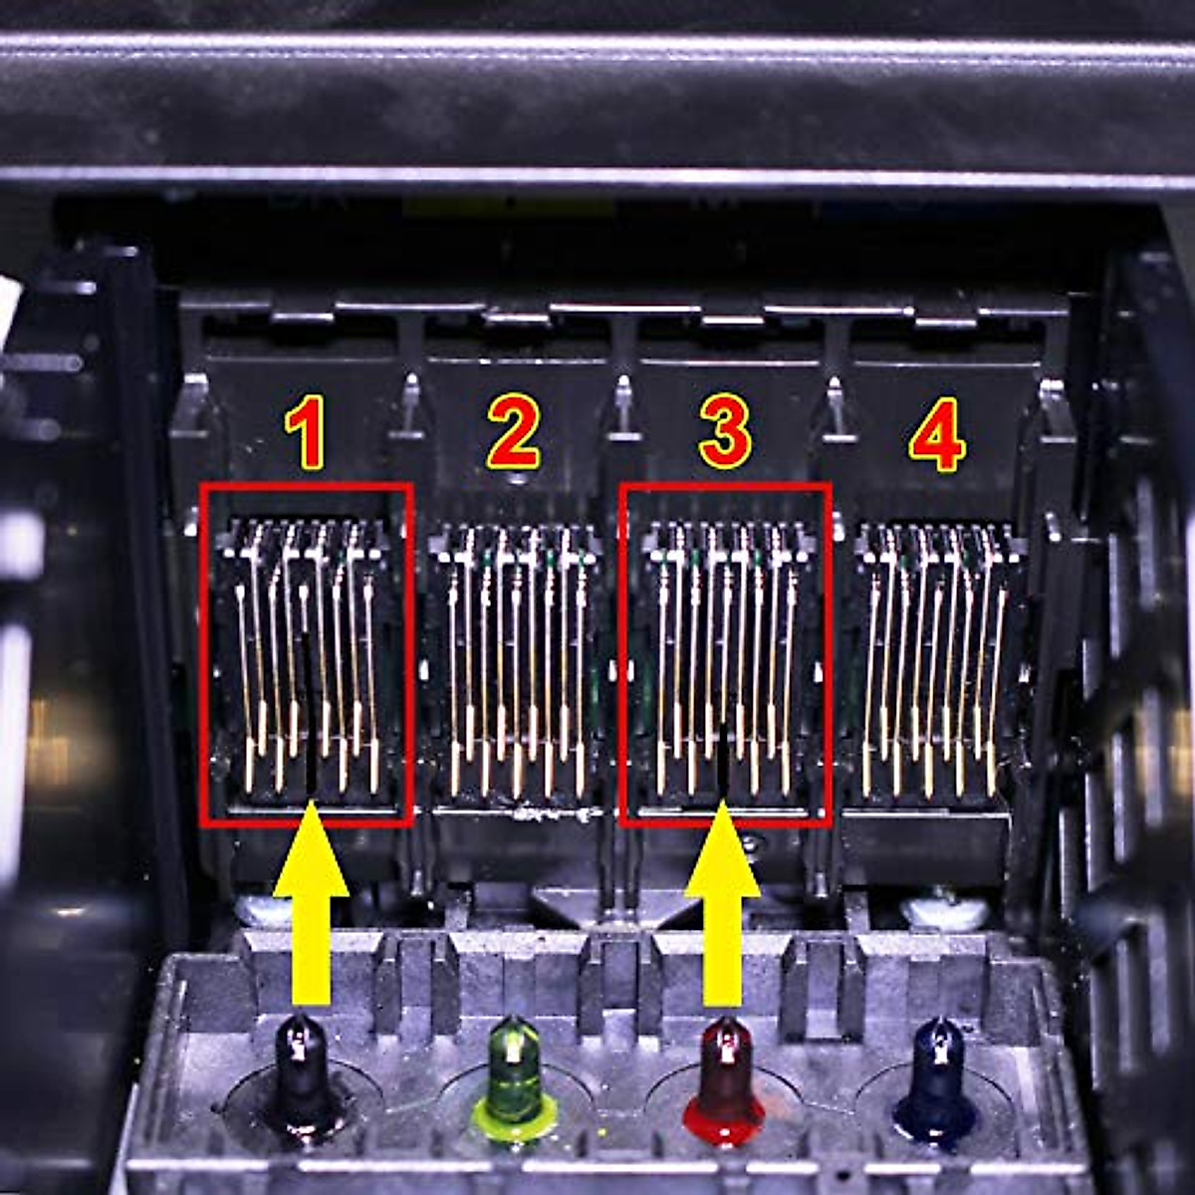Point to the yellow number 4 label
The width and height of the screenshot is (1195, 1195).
pos(936,435)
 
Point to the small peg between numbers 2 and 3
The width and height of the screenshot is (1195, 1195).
pos(622,403)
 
